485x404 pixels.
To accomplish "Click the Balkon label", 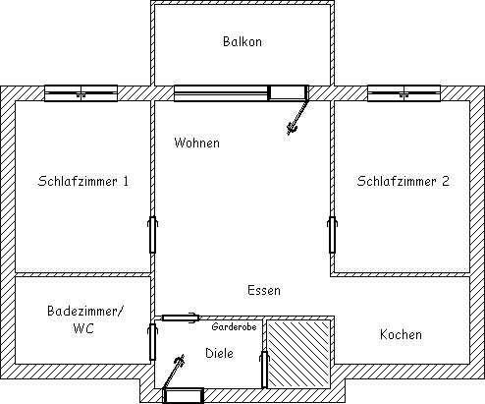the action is (242, 41).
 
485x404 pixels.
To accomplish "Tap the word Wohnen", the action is (196, 143).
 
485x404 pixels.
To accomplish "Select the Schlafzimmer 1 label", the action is (83, 181).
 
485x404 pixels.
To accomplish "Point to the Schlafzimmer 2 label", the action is (403, 181).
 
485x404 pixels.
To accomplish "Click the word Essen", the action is (264, 290).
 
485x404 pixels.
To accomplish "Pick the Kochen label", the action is (401, 334).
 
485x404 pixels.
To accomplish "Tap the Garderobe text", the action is (234, 326).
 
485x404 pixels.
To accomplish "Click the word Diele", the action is (219, 353).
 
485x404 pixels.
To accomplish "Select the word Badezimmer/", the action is (85, 311).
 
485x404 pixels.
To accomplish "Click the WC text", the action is (83, 328).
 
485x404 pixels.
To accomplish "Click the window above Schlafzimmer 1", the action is (81, 93).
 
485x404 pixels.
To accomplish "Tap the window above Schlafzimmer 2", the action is (404, 93).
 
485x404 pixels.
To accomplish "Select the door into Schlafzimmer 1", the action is (152, 235).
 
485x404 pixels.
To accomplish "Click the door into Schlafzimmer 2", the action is (332, 235).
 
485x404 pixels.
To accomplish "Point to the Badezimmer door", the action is (152, 342).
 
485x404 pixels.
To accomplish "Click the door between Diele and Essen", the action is (181, 317).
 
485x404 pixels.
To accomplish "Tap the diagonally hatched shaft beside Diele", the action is (298, 354).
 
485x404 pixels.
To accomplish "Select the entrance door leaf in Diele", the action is (173, 373).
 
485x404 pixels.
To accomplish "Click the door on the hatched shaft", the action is (264, 370).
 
